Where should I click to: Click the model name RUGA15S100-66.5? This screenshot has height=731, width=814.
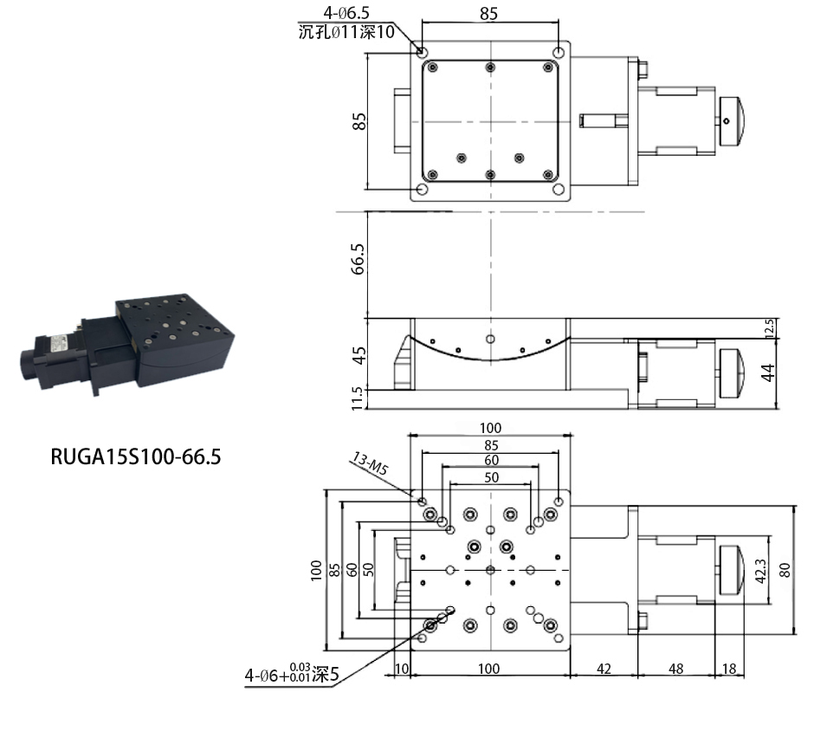[135, 457]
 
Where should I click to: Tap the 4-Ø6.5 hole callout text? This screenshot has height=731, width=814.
[346, 12]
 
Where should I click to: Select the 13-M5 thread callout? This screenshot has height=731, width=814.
[370, 463]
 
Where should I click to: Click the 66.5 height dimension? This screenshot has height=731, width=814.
[359, 259]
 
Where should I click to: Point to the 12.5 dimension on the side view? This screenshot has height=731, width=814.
[769, 328]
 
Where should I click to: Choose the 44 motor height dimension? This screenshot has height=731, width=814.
[768, 372]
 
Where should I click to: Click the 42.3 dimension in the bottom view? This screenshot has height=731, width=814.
[760, 571]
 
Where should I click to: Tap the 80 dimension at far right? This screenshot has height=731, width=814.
[785, 570]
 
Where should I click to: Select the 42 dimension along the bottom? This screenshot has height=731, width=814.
[604, 669]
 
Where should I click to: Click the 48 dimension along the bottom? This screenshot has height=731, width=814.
[675, 669]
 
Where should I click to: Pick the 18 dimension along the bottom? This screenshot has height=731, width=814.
[729, 669]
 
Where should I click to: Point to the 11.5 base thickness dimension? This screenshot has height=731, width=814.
[357, 398]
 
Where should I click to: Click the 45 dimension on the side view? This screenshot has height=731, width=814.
[359, 356]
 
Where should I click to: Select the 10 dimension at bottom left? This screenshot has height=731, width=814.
[402, 669]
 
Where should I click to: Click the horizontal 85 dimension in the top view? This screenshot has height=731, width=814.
[488, 14]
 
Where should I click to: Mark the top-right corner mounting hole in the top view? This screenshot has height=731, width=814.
[559, 53]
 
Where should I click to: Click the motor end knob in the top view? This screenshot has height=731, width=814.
[732, 121]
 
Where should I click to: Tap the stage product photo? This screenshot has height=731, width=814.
[127, 343]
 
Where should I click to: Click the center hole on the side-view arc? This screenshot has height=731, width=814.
[491, 339]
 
